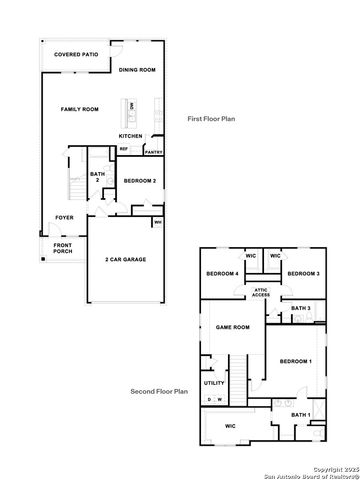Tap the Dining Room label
[x=137, y=70]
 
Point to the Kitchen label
[x=131, y=136]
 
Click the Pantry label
[x=153, y=152]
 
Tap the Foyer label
[x=64, y=217]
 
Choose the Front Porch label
[x=63, y=249]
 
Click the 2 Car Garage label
[x=127, y=259]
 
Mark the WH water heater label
[x=158, y=222]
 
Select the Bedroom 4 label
[x=221, y=273]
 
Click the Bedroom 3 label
[x=302, y=273]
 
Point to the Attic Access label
[x=261, y=292]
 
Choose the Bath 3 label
[x=302, y=308]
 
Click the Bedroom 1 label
[x=296, y=360]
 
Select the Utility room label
[x=214, y=382]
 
